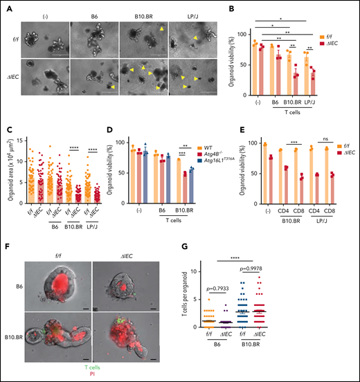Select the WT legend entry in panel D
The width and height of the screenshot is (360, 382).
(x=209, y=147)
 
